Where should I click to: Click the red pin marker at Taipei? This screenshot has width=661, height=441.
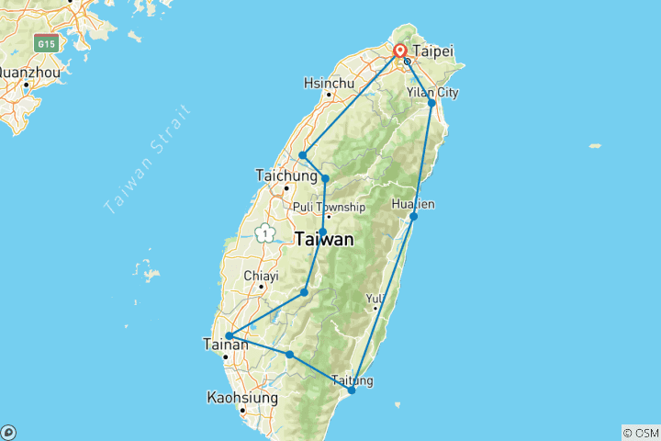coord(400,51)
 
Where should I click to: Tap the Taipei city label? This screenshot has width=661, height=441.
coord(434,51)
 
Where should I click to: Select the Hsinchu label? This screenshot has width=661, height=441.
coord(328,83)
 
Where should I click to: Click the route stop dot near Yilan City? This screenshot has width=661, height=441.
coord(431,103)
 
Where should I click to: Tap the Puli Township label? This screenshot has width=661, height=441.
coord(329,207)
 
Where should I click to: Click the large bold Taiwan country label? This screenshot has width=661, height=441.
coord(324,240)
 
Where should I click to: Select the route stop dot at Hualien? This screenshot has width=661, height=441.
coord(414,217)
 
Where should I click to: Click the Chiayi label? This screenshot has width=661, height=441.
coord(261,275)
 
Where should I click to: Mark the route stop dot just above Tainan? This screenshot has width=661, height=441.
coord(228,336)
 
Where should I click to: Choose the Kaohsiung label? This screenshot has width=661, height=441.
coord(242,398)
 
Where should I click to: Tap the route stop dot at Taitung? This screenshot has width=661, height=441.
coord(352,390)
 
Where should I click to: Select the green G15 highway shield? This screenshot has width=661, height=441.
coord(45,43)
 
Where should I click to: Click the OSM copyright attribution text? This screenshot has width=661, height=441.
coord(641,432)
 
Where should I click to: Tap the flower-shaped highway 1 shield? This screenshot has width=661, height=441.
coord(266,232)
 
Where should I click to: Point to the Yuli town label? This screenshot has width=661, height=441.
coord(375,298)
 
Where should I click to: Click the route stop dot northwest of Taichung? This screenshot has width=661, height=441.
coord(302,155)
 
